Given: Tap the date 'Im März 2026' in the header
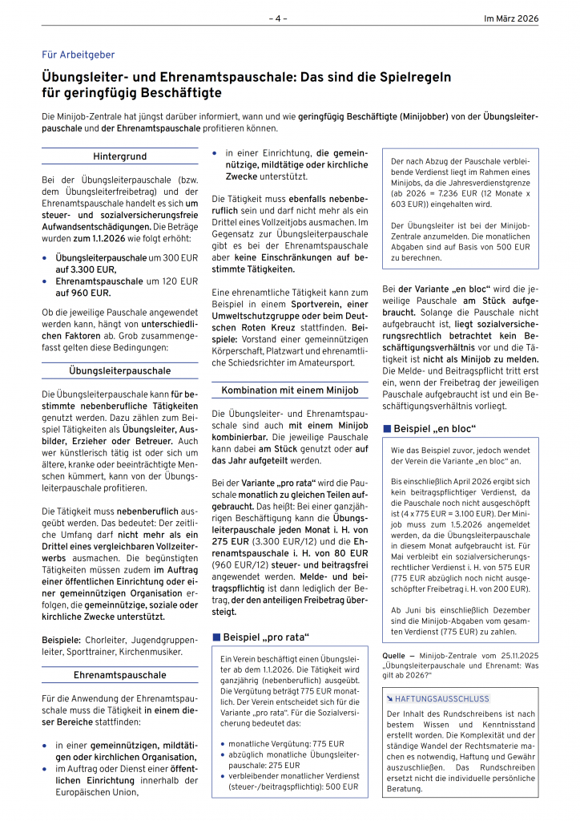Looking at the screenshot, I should [511, 18].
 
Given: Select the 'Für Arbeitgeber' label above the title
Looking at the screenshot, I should [78, 55].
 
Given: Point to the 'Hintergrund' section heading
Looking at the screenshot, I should [119, 156].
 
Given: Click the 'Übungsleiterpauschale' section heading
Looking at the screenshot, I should [119, 371].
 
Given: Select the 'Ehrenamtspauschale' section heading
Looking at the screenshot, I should [119, 675].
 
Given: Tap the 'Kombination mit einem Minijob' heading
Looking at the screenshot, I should [289, 390].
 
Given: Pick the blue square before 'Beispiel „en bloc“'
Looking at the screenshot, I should [387, 428].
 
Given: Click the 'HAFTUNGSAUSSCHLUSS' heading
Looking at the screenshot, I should [442, 698].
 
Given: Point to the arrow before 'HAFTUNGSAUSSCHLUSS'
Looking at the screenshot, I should [389, 698].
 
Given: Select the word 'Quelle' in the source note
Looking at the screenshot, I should [395, 655].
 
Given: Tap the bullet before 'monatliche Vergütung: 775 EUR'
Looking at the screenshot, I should [221, 743].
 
